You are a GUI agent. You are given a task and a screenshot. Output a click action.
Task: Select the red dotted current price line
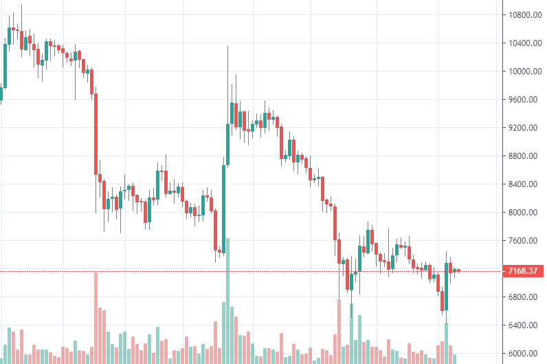tap(275, 270)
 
